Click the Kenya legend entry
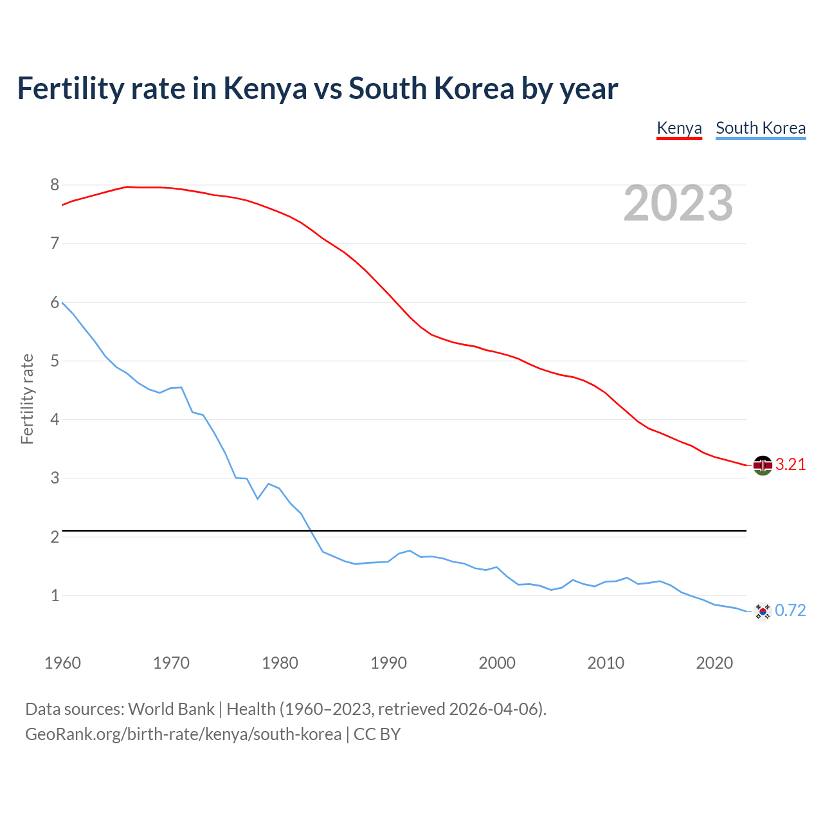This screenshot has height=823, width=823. click(679, 128)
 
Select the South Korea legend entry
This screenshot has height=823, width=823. click(761, 128)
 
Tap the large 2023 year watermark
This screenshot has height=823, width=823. click(678, 203)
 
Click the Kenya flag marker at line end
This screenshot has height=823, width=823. click(763, 465)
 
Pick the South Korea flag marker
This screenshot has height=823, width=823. click(763, 611)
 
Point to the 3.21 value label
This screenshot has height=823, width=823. click(790, 465)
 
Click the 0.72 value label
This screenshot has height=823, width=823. click(790, 611)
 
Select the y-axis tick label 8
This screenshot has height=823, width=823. click(55, 185)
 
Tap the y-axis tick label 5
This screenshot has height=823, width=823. click(55, 361)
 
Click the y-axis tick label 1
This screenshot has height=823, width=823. click(55, 596)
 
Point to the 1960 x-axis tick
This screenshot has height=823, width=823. click(62, 663)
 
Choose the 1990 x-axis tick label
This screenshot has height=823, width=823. click(388, 663)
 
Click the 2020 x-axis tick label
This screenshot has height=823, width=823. click(714, 663)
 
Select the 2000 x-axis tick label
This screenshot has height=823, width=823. click(497, 663)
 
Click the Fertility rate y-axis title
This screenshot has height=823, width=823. click(27, 399)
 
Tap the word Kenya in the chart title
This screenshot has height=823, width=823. click(265, 89)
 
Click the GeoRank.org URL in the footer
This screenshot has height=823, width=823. click(183, 734)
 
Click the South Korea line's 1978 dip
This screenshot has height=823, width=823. click(258, 499)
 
